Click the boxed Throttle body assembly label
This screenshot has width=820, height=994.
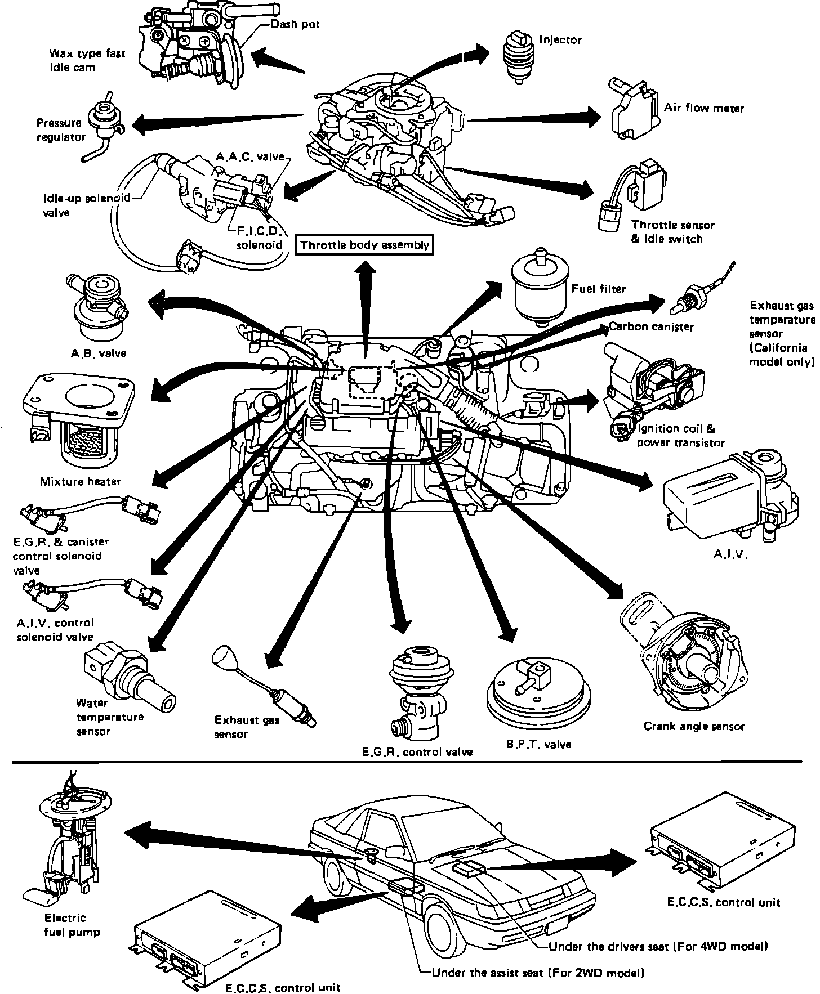pos(364,245)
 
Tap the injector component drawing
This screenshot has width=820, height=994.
pos(517,57)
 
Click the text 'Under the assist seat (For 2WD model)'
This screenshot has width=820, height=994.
pos(537,972)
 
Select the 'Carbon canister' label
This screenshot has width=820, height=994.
pos(651,326)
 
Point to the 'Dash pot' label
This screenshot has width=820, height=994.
pos(295,25)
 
